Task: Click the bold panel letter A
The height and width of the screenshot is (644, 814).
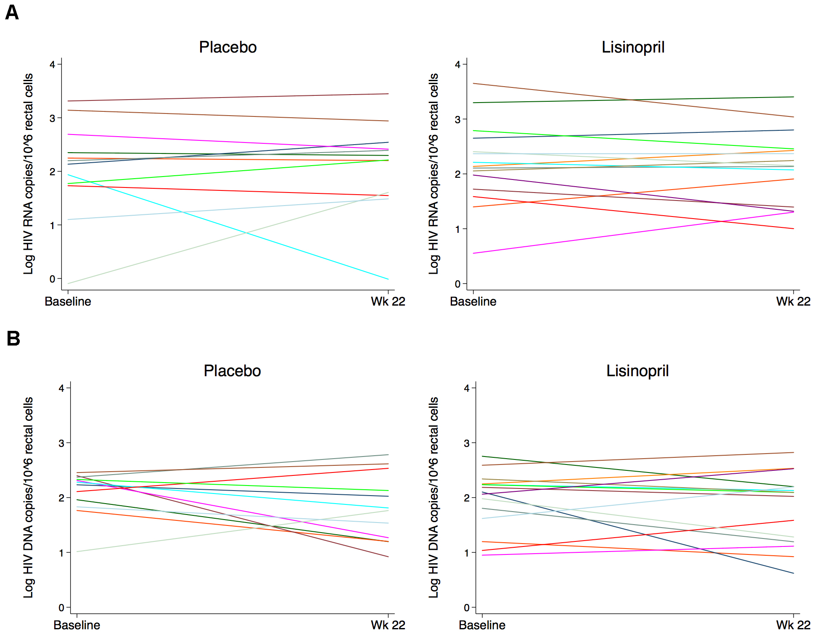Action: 12,13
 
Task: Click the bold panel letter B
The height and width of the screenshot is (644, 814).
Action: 13,338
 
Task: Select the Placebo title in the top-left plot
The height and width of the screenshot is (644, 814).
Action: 227,47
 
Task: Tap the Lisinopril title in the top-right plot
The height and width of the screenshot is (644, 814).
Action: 633,47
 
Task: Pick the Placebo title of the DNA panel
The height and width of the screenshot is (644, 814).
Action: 232,371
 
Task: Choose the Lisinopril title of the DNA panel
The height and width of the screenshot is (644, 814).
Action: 637,371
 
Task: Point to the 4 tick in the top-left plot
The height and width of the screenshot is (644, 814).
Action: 53,65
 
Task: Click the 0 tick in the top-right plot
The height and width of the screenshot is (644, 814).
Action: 457,284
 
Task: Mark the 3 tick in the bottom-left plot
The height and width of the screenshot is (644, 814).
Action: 61,443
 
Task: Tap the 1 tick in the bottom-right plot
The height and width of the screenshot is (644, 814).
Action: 466,553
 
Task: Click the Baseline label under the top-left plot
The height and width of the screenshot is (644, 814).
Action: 68,301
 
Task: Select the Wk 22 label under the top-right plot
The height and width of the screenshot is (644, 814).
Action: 793,301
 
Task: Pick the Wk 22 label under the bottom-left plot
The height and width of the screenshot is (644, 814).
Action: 388,625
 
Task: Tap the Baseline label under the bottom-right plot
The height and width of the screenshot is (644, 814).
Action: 482,625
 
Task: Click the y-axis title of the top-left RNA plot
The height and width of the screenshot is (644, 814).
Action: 28,174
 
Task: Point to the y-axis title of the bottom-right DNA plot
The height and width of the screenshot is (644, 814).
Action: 433,497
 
